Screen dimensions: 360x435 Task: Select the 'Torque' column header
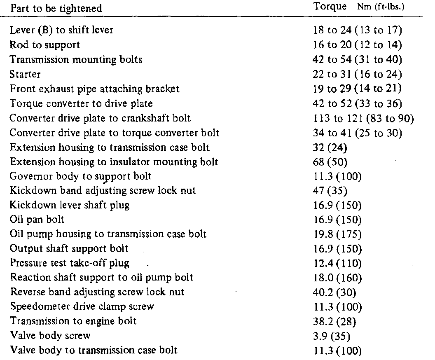[327, 7]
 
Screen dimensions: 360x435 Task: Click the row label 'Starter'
[24, 74]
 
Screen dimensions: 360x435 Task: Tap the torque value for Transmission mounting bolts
[357, 59]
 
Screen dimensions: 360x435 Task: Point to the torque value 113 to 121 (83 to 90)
[363, 118]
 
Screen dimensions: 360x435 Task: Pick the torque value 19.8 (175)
[337, 234]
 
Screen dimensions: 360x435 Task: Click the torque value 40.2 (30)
[335, 292]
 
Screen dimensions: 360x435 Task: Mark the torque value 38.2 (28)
[335, 321]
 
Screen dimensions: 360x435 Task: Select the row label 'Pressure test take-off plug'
[70, 263]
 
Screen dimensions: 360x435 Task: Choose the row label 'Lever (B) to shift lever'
[61, 30]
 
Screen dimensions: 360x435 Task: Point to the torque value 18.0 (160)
[337, 278]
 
